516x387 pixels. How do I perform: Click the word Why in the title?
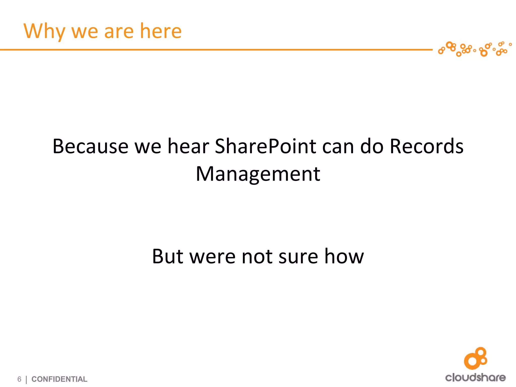tap(44, 31)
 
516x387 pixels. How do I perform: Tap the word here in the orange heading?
tap(160, 31)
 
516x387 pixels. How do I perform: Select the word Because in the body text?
tap(90, 146)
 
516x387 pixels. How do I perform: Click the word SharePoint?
tap(265, 146)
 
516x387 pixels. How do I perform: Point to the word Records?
tap(426, 146)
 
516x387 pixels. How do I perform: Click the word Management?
tap(258, 174)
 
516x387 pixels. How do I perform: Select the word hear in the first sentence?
tap(188, 146)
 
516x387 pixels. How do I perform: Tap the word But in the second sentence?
tap(168, 256)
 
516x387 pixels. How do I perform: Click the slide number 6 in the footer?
tap(19, 379)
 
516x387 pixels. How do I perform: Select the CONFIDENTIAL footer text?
tap(59, 379)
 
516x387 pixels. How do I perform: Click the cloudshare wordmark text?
tap(475, 377)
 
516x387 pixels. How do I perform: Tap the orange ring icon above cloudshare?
tap(475, 358)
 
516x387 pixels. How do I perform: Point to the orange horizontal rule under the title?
tap(214, 50)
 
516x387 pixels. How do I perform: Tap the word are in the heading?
tap(118, 31)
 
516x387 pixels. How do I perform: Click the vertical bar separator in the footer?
tap(26, 379)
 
